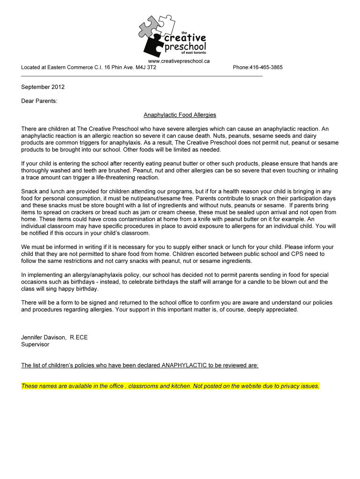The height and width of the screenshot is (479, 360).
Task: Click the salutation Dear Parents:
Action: (x=39, y=101)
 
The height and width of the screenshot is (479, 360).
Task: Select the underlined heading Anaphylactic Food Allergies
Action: (x=180, y=115)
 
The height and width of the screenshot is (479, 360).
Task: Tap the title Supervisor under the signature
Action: (x=35, y=344)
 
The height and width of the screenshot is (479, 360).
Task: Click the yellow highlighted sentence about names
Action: (x=170, y=386)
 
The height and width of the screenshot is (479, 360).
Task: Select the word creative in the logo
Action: (x=183, y=37)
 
